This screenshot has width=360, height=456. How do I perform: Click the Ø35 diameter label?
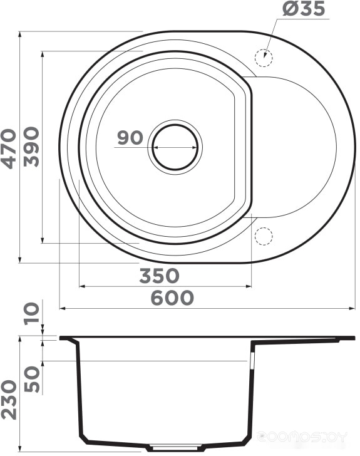[x=303, y=8]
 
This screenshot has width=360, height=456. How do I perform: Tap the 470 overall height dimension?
[x=8, y=148]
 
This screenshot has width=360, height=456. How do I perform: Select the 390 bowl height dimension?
[x=31, y=147]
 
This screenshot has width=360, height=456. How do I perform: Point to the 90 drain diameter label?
[x=130, y=138]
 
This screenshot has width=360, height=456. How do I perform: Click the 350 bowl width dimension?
[x=159, y=276]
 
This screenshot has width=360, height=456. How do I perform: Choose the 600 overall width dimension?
[x=172, y=298]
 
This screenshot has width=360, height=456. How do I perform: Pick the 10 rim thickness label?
[x=31, y=313]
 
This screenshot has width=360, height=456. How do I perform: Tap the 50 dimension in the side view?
[x=31, y=379]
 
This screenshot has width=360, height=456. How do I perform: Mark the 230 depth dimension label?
[x=8, y=399]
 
